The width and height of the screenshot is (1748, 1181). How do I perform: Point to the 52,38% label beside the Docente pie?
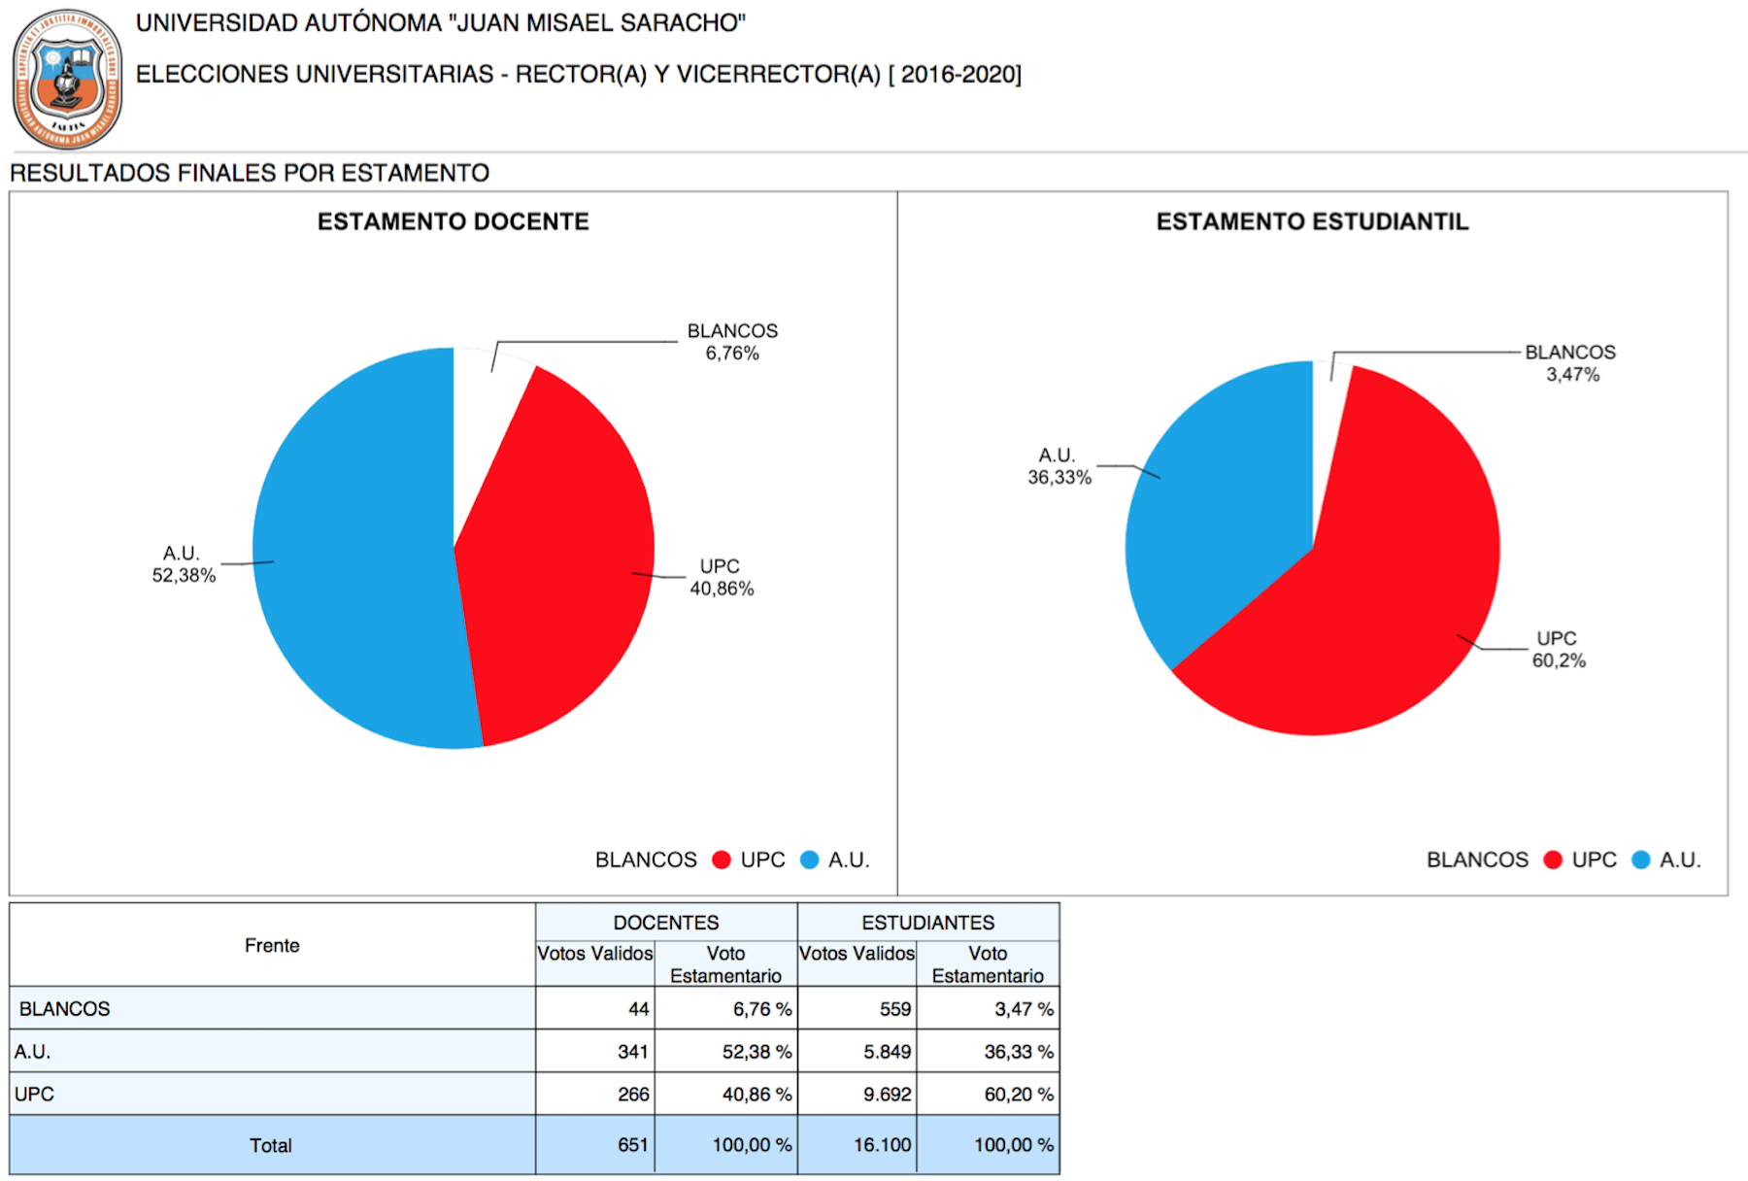(x=184, y=575)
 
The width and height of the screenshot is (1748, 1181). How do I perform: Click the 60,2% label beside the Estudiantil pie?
(x=1559, y=660)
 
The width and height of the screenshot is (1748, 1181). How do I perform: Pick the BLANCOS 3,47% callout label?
(x=1570, y=363)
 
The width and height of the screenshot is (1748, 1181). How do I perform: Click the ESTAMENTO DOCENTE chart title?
(x=453, y=221)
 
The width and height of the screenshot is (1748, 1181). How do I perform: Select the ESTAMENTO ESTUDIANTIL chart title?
(x=1312, y=221)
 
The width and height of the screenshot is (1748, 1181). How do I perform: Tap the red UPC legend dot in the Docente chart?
(x=721, y=860)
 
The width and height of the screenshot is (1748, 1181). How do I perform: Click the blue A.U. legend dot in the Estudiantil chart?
(x=1641, y=860)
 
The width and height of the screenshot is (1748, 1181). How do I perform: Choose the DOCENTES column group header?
(x=666, y=922)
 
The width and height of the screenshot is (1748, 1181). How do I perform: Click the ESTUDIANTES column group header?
(x=928, y=922)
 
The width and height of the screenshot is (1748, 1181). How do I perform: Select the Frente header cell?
(x=272, y=945)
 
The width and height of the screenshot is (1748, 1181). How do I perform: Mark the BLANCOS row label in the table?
(x=64, y=1008)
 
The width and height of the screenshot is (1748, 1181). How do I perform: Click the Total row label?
(x=270, y=1145)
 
